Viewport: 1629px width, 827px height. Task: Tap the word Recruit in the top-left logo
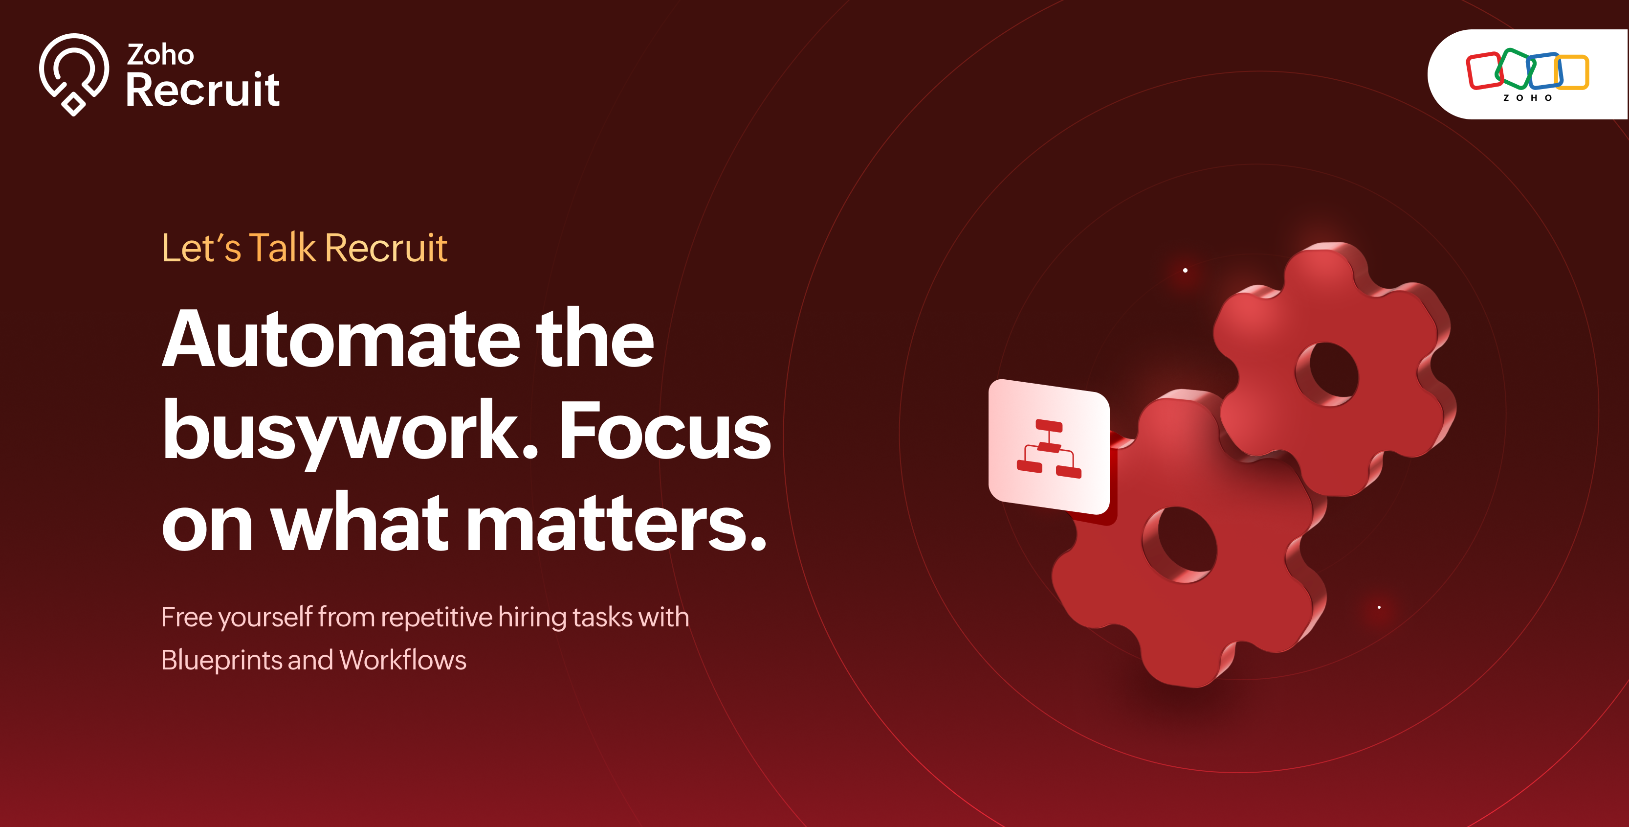[x=202, y=90]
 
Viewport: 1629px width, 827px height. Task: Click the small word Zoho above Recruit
[x=160, y=54]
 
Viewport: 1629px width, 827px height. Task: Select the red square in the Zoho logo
[x=1483, y=71]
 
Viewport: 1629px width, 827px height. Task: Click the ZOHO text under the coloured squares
[x=1527, y=98]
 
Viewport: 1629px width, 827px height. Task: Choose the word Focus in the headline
[x=664, y=432]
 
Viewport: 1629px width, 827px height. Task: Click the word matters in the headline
[x=616, y=523]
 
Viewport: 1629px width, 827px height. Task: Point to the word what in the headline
[x=360, y=521]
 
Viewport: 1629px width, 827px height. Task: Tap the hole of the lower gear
[x=1181, y=544]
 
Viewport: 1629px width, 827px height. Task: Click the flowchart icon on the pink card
[x=1049, y=449]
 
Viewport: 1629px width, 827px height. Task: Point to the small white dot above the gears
[x=1185, y=270]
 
